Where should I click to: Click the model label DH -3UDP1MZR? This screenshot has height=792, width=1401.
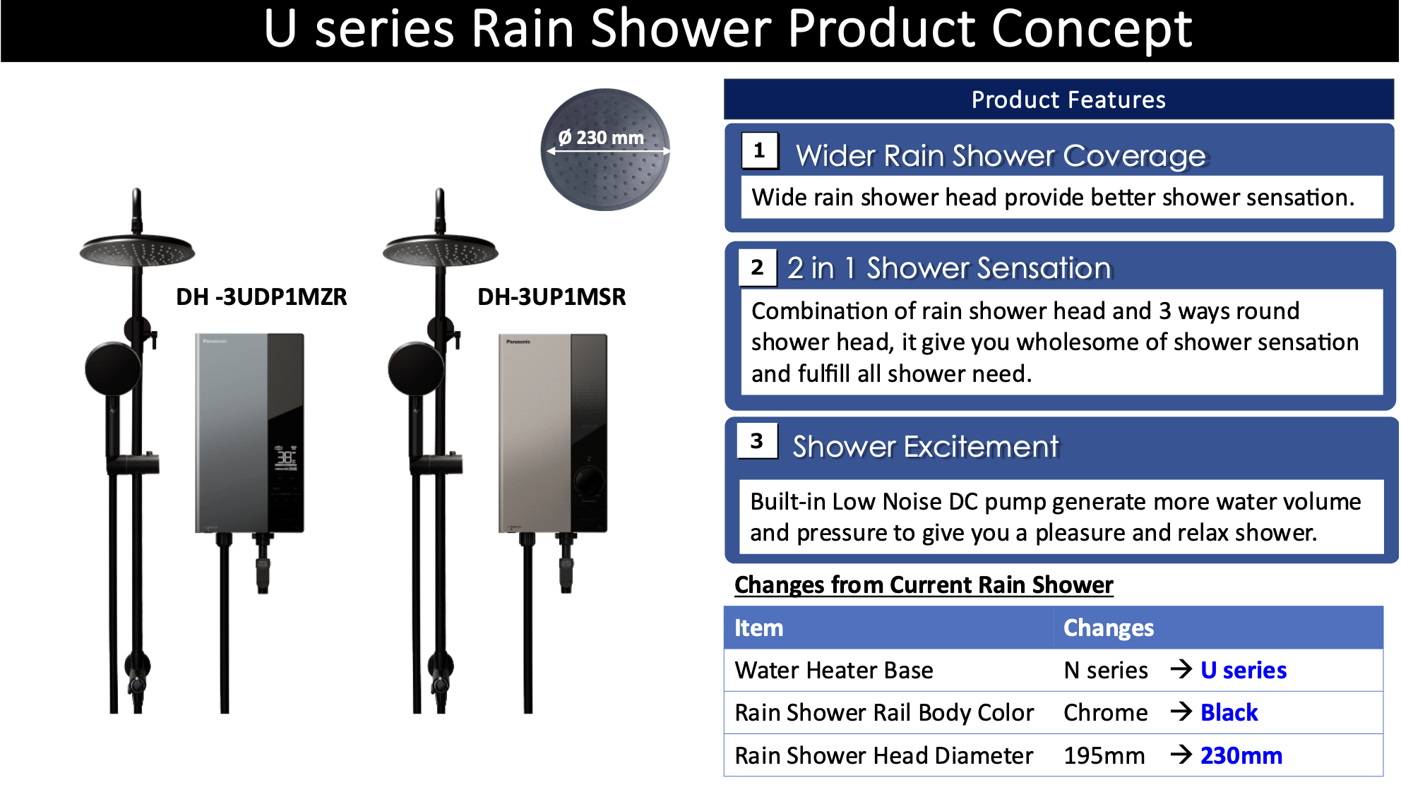pos(261,296)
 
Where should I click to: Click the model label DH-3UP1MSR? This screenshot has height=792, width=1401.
pos(552,296)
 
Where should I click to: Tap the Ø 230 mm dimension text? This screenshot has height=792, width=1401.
pos(601,137)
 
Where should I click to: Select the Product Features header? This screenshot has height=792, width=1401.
pos(1068,100)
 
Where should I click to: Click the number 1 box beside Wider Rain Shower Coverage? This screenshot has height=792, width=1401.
pos(760,150)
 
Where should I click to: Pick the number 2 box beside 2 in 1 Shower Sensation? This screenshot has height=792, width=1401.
pos(758,268)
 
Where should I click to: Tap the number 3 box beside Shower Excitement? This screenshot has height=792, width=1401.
pos(757,441)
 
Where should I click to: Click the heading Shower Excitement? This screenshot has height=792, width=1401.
pos(926,446)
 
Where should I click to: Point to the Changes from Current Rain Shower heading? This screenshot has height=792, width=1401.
pos(924,584)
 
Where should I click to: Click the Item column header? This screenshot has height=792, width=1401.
pos(759,628)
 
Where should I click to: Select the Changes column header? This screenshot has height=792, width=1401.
pos(1109,628)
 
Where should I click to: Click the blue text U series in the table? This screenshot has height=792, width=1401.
pos(1244,670)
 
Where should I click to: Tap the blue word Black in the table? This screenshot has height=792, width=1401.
pos(1229,712)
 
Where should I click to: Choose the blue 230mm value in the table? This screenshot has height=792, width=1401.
pos(1241,755)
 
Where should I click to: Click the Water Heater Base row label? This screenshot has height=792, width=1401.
pos(834,670)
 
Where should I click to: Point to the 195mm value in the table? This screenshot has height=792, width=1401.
pos(1104,755)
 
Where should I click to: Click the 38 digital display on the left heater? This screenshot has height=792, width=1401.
pos(285,457)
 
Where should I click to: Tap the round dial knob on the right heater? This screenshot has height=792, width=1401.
pos(588,481)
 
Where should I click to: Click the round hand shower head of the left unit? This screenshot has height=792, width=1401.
pos(113,369)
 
